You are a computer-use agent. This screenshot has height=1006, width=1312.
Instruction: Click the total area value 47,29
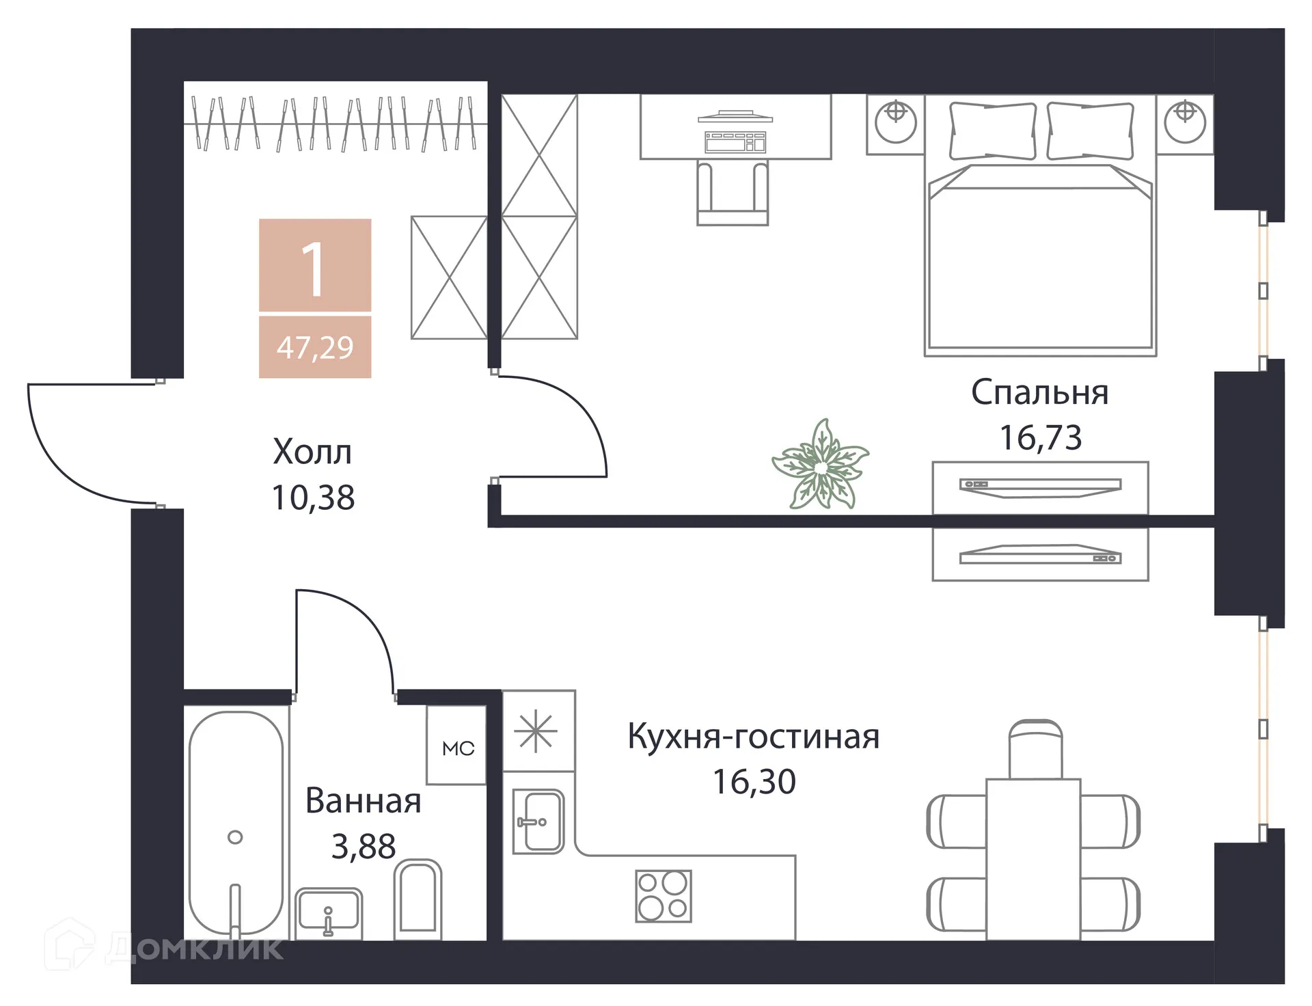[x=315, y=348]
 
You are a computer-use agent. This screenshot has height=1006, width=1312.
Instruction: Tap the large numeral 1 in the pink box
[x=314, y=270]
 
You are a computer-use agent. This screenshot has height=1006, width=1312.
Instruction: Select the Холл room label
[x=312, y=452]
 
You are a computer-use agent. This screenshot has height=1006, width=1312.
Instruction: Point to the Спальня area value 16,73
[x=1041, y=438]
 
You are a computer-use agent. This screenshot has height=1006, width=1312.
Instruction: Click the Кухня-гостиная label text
[x=754, y=737]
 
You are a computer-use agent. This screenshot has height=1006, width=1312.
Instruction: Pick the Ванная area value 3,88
[x=364, y=847]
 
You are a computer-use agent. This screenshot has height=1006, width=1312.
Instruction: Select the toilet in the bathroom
[x=418, y=898]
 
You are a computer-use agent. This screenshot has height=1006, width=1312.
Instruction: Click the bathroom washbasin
[x=329, y=912]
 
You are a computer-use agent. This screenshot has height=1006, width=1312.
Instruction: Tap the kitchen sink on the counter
[x=538, y=821]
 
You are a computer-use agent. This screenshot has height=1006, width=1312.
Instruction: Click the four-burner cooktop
[x=663, y=896]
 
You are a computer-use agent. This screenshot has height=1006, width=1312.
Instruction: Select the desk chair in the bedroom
[x=733, y=192]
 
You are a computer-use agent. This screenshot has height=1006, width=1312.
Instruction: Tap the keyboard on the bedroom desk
[x=735, y=142]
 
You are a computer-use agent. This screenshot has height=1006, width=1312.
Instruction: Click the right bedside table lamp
[x=1185, y=122]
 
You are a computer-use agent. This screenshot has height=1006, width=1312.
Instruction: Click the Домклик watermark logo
[x=164, y=949]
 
